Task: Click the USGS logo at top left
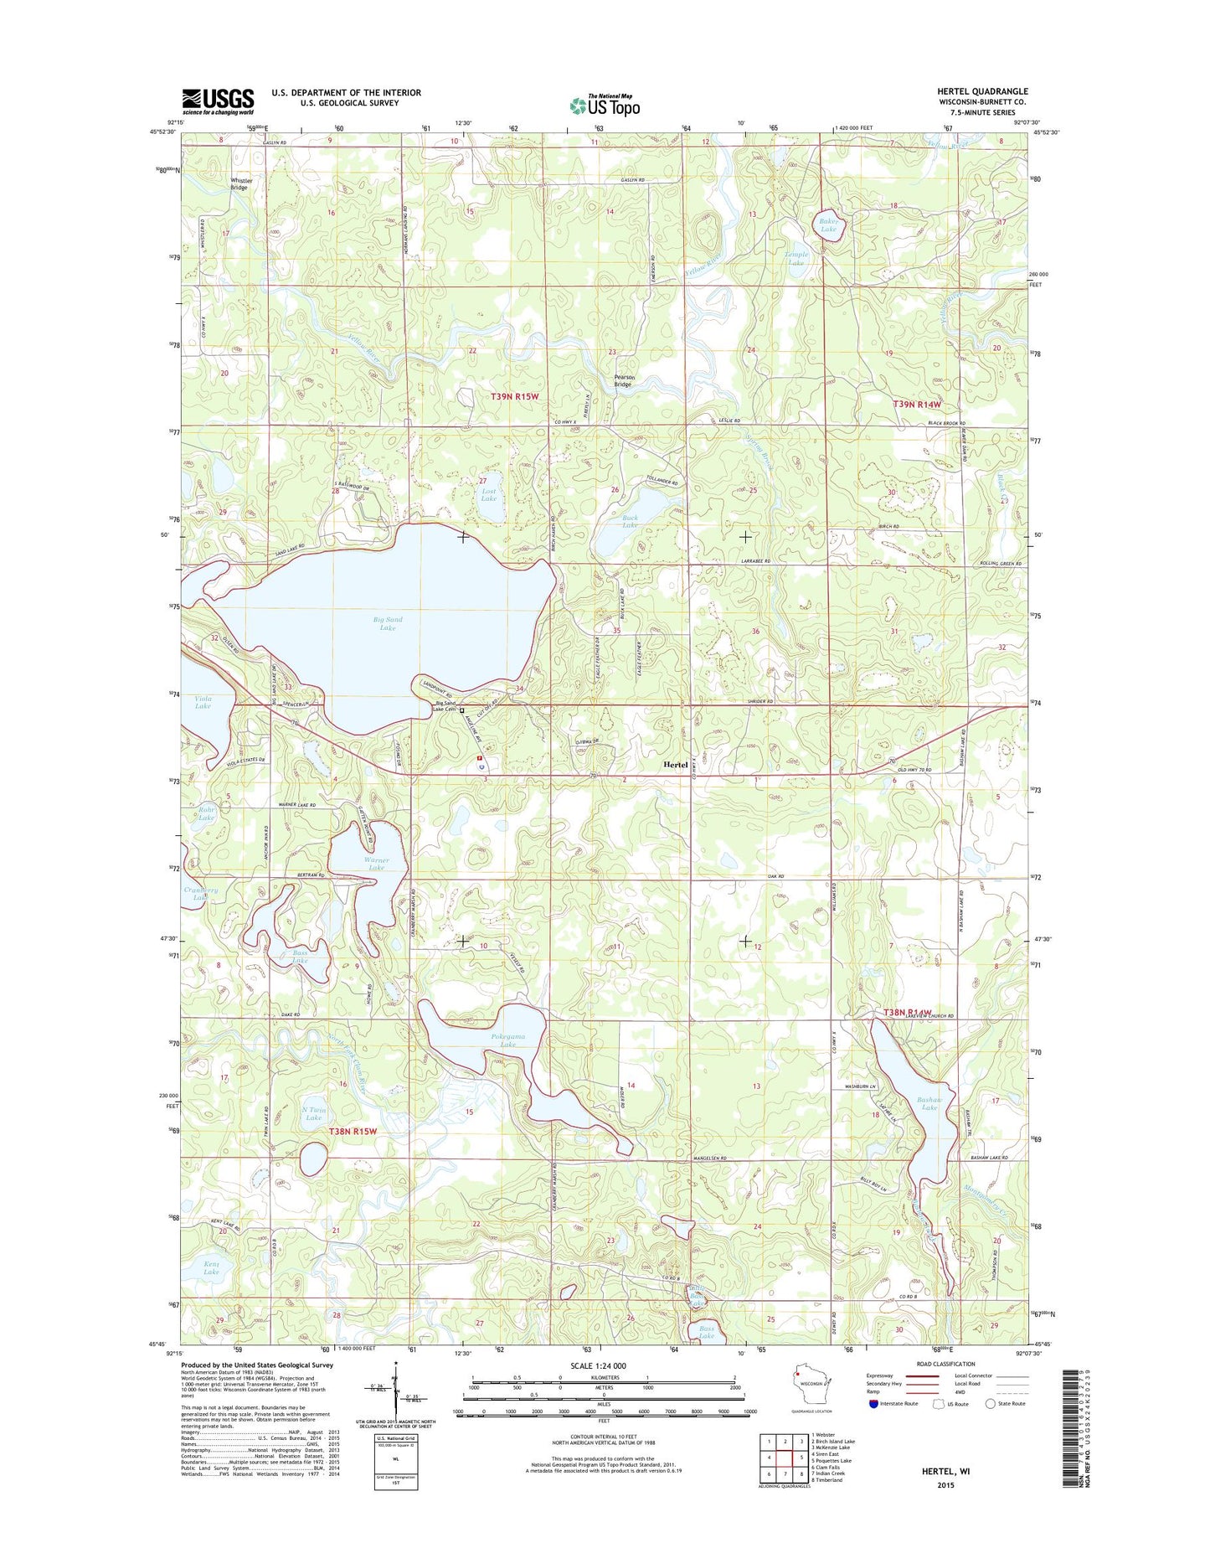(218, 101)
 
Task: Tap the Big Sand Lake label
(388, 623)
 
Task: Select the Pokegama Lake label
(508, 1040)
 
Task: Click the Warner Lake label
(376, 863)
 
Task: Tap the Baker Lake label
(828, 224)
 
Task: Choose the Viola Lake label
(203, 702)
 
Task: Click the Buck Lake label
(630, 521)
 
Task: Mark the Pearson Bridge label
(624, 380)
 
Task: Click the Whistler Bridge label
(239, 183)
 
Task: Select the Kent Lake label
(211, 1267)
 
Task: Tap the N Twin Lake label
(313, 1113)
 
